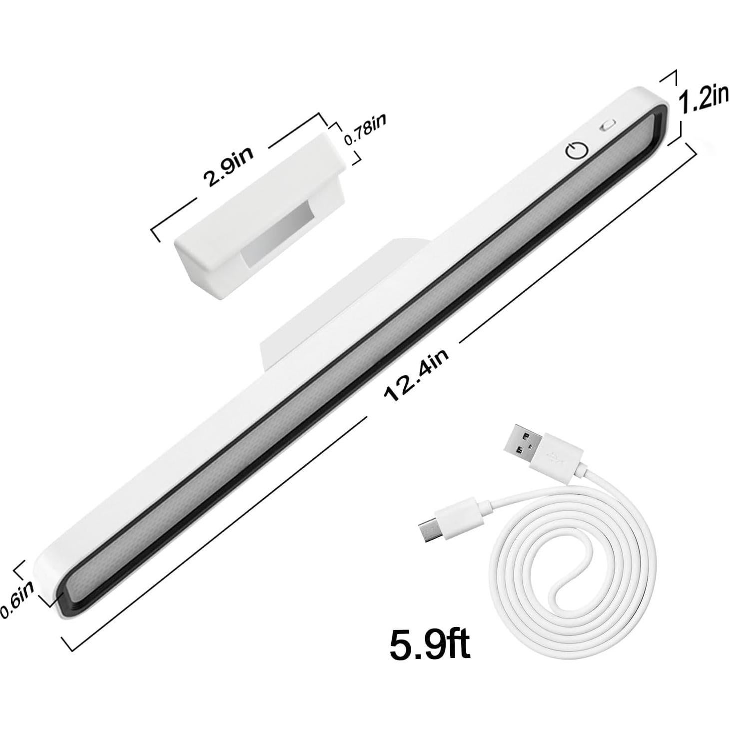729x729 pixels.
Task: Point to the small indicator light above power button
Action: (608, 126)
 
